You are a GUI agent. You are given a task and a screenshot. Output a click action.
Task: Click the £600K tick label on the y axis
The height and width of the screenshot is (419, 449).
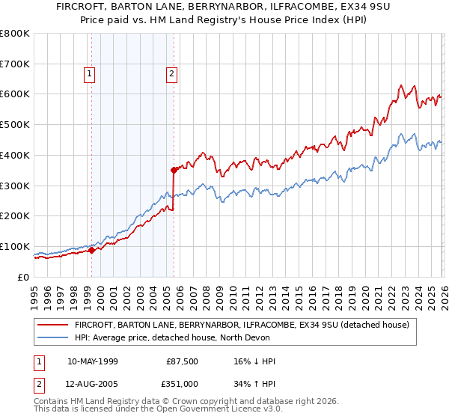15,94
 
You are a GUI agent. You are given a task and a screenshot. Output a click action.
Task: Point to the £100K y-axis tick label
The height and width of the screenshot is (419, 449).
15,246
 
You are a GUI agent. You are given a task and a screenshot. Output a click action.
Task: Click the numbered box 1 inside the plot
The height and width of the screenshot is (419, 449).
90,73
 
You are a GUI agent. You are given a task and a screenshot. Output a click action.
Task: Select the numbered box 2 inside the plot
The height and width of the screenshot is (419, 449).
171,73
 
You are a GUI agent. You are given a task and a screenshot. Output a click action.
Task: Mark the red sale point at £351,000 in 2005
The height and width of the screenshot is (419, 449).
174,170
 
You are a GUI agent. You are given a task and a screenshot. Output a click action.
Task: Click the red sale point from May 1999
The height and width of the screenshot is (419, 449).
91,250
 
